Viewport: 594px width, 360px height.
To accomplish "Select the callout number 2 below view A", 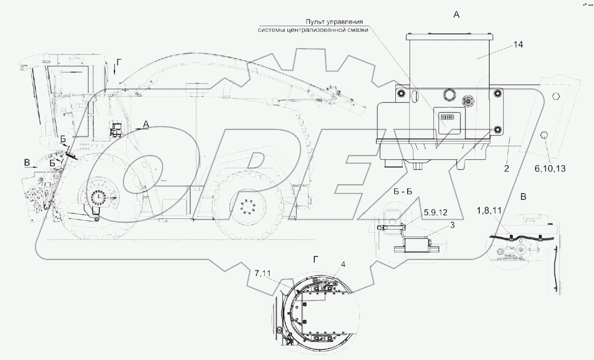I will coord(506,169).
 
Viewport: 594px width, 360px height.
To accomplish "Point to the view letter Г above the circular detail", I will coord(315,259).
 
